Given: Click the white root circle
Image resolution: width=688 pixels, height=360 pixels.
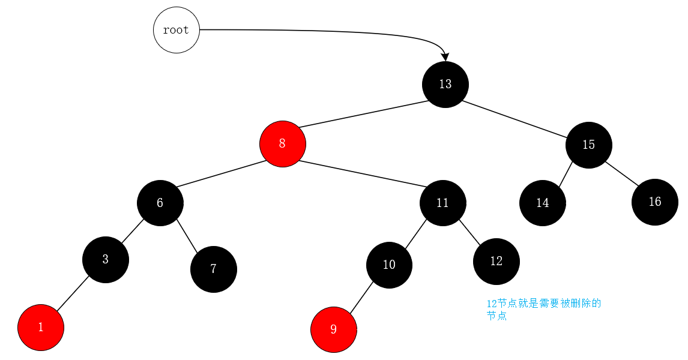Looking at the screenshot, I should pyautogui.click(x=176, y=30).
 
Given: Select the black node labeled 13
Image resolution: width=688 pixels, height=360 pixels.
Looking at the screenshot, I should pyautogui.click(x=445, y=85).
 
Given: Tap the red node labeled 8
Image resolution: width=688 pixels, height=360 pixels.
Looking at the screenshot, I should pyautogui.click(x=282, y=144).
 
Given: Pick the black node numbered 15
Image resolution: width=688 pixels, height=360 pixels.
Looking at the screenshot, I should pyautogui.click(x=588, y=145).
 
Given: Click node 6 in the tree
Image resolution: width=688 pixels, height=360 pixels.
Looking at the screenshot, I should pyautogui.click(x=160, y=203).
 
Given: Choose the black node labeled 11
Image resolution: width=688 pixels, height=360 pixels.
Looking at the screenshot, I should pyautogui.click(x=442, y=203).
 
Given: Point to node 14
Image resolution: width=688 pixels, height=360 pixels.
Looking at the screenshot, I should pyautogui.click(x=542, y=203).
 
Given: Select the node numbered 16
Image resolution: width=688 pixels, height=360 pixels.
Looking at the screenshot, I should pyautogui.click(x=654, y=202).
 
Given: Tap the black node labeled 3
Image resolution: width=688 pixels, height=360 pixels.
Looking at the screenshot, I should pyautogui.click(x=105, y=260).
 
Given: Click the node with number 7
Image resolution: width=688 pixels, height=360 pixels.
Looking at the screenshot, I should pyautogui.click(x=213, y=269).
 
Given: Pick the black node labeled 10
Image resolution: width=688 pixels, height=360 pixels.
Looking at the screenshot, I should pyautogui.click(x=389, y=265).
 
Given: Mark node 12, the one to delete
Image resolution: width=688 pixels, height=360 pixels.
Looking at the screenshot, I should pyautogui.click(x=496, y=262).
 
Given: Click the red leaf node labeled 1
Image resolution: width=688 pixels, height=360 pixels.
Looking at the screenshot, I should pyautogui.click(x=41, y=328).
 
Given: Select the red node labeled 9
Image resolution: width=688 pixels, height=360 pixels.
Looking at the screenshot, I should pyautogui.click(x=333, y=329).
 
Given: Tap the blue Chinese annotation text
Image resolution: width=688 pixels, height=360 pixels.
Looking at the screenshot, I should pyautogui.click(x=543, y=310).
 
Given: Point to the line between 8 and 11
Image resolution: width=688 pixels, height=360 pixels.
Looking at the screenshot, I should pyautogui.click(x=363, y=175).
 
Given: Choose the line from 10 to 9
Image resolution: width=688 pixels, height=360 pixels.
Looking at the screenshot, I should pyautogui.click(x=361, y=297).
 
